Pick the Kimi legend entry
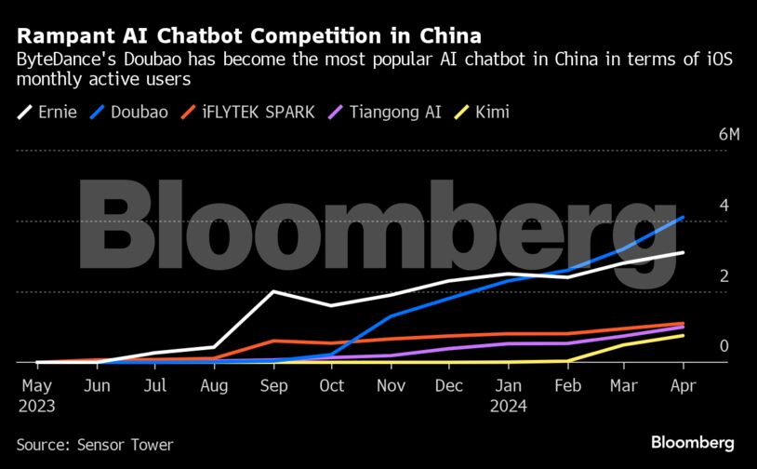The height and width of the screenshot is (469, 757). point(491,113)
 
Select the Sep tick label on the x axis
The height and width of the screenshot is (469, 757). point(273,383)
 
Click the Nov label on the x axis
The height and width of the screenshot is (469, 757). point(391,383)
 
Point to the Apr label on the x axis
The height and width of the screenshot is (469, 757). point(684,383)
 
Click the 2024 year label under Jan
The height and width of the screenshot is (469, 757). point(508,406)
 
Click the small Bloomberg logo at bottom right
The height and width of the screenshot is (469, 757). point(693,442)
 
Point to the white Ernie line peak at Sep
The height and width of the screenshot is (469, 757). point(273,291)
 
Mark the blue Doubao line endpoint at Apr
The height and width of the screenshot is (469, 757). point(684,218)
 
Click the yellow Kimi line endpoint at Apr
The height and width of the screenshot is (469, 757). point(684,335)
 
